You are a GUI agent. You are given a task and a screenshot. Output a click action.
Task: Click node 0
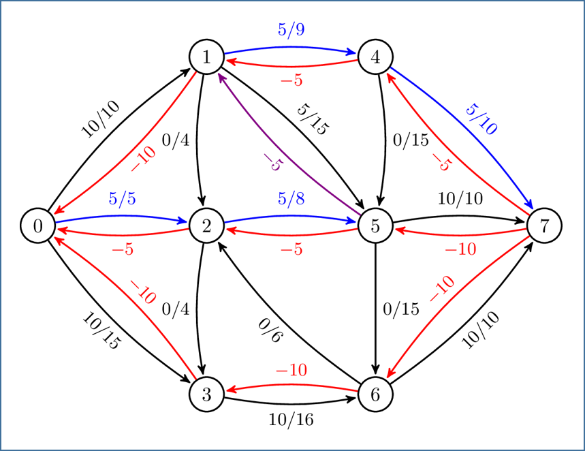38,226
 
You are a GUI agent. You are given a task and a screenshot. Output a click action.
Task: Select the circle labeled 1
207,57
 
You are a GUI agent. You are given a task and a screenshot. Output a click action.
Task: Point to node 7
544,226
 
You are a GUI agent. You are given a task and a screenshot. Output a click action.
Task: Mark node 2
207,226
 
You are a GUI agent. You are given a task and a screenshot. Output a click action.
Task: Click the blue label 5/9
291,30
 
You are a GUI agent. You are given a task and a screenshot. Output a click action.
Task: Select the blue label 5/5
123,199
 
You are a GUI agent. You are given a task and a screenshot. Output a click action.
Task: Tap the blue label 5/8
291,199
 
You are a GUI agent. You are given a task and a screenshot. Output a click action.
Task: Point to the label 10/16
291,420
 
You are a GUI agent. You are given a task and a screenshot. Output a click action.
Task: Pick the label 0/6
270,332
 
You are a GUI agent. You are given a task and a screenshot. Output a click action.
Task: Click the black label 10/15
100,330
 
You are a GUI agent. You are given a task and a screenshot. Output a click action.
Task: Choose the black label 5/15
312,120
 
